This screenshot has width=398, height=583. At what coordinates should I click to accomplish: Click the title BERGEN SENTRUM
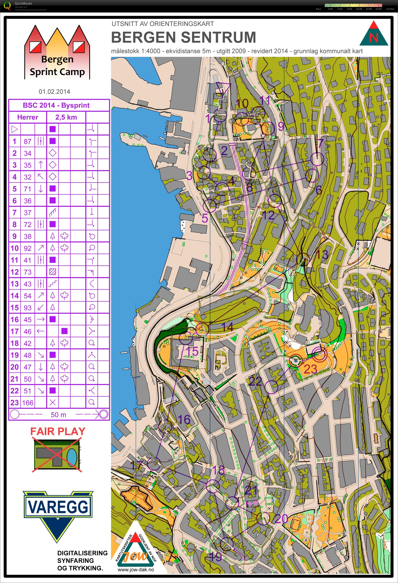(x=183, y=37)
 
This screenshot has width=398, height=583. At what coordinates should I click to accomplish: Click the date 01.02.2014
(x=54, y=92)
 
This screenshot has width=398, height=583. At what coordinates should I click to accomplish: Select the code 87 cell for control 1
(x=28, y=141)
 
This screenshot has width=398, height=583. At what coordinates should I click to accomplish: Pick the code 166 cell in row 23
(x=28, y=403)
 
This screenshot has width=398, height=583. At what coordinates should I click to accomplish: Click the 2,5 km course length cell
(x=66, y=117)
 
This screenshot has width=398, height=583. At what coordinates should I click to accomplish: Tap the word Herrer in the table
(x=28, y=117)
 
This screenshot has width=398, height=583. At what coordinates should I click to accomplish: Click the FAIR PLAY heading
(x=58, y=431)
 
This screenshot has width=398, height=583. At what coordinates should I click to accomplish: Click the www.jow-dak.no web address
(x=136, y=570)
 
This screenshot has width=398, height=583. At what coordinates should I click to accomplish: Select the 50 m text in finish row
(x=59, y=415)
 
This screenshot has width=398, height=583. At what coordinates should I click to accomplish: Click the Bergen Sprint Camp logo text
(x=57, y=66)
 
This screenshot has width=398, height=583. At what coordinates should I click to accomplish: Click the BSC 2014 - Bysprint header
(x=56, y=105)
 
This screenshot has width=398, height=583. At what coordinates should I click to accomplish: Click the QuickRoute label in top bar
(x=23, y=3)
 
